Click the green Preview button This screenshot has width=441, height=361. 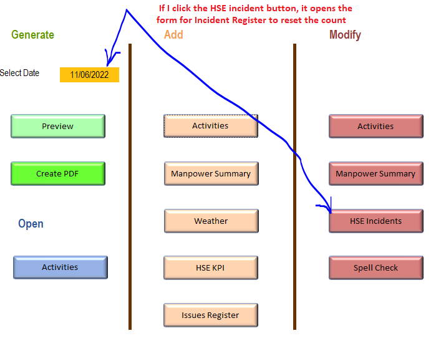point(58,127)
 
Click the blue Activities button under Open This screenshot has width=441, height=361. point(60,267)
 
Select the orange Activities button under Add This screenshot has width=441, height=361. point(210,126)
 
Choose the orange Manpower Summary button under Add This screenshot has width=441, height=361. point(211,174)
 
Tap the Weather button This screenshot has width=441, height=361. point(211,221)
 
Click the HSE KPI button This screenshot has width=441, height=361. point(211,268)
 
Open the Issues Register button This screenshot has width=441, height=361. point(211,315)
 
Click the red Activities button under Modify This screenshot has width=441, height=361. point(376,127)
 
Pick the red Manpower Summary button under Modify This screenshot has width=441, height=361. point(376,174)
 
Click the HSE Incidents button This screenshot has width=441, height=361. point(376,221)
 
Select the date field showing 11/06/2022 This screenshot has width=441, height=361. point(89,75)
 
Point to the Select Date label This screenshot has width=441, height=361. point(19,73)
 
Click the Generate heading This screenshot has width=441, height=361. point(32,35)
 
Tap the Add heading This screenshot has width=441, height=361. point(173,35)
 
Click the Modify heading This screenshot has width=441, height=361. point(345,35)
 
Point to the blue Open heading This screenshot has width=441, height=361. point(31,224)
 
